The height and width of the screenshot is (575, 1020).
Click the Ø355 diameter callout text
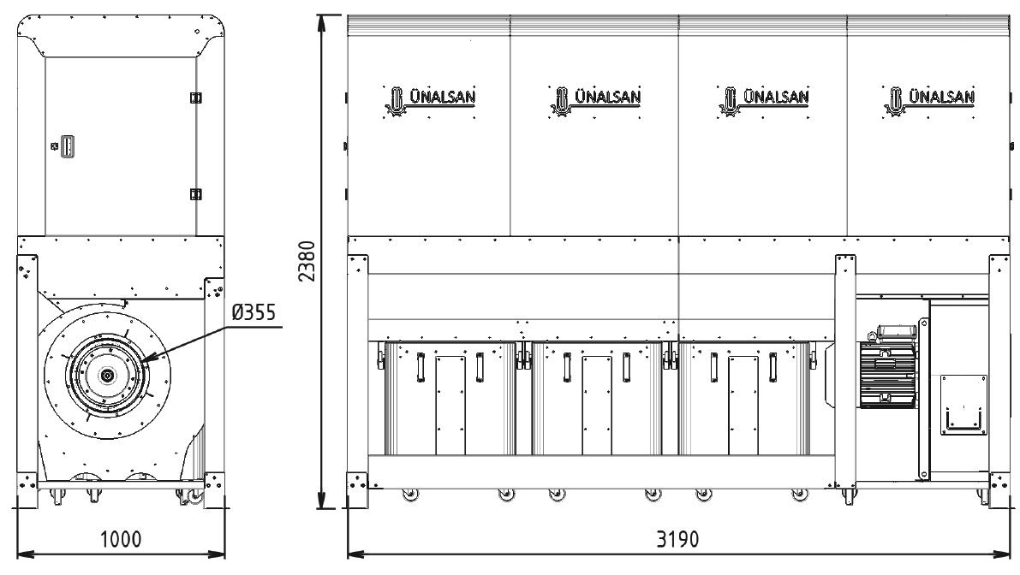coord(254,312)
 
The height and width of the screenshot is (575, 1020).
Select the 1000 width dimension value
coord(121,538)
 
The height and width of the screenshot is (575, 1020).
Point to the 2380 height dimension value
coord(307,261)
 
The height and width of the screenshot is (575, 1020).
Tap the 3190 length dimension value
coord(677,538)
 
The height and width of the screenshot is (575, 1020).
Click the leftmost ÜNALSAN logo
coord(430,101)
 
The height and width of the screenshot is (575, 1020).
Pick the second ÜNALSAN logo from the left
coord(595,101)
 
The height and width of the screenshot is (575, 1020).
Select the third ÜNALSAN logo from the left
coord(763,101)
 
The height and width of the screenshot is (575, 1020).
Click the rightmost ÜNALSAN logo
coord(929,101)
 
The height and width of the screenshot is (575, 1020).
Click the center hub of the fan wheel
coord(105,376)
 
